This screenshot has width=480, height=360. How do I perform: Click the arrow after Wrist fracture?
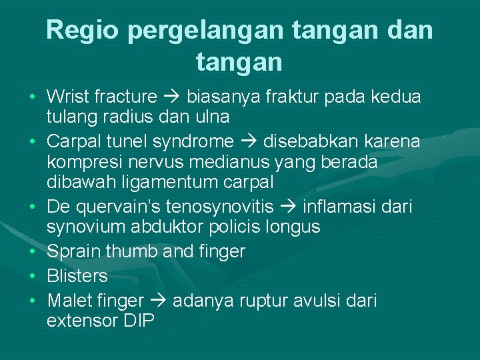pos(172,97)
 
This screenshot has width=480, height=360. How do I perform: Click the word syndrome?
pos(195,141)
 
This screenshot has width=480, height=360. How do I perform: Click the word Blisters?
pos(77,276)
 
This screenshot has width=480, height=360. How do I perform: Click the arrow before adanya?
pos(157,301)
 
